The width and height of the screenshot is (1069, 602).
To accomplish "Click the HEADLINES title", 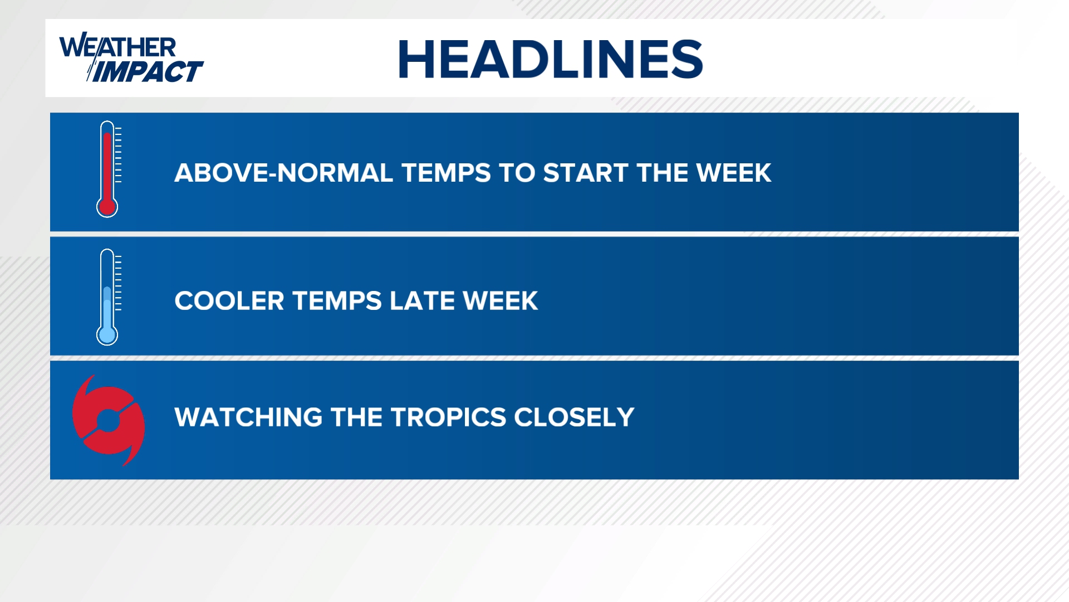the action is click(550, 59).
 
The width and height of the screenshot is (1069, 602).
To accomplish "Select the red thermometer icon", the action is click(108, 169).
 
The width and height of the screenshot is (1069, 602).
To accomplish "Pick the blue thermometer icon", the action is click(108, 297).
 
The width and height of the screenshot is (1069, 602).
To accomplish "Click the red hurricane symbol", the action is click(109, 421).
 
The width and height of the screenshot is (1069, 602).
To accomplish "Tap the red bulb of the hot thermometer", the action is click(107, 207).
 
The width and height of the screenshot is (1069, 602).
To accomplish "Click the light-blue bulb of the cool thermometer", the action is click(107, 336).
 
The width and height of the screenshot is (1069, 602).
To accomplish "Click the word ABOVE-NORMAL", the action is click(284, 173).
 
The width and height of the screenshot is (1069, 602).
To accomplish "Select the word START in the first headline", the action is click(586, 173).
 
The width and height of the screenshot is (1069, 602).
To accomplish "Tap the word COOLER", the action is click(229, 301).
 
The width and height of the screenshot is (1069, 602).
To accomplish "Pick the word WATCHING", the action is click(248, 417).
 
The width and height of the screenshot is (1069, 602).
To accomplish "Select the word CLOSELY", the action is click(574, 417).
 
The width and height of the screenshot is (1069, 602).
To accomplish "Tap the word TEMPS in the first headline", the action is click(447, 173).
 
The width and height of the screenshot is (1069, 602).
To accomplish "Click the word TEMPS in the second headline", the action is click(337, 301).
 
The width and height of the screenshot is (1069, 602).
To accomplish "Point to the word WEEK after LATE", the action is click(501, 301).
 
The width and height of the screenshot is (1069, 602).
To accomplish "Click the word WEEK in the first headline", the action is click(734, 173).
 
